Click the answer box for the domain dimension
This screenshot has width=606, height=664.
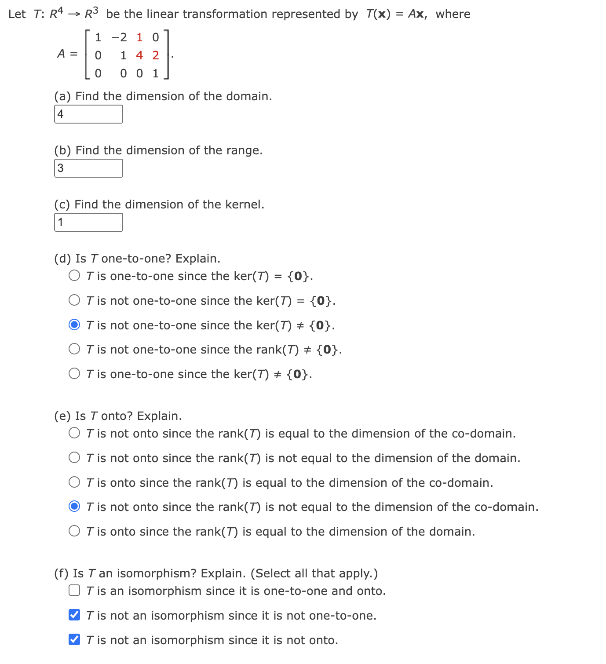tap(88, 114)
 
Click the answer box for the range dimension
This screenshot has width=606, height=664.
tap(88, 168)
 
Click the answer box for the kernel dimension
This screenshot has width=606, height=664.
tap(88, 223)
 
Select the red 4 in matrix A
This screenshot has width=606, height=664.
tap(139, 55)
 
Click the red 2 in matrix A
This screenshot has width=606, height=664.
tap(156, 55)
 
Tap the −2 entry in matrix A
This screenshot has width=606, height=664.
tap(119, 37)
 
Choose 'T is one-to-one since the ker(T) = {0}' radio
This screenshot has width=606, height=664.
tap(75, 276)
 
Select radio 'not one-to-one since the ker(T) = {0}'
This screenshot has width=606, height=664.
tap(75, 300)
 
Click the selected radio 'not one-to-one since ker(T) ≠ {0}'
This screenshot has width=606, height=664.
tap(75, 325)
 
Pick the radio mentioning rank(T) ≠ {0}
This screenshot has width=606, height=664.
tap(75, 349)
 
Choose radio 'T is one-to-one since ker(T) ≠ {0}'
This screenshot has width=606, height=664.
tap(75, 374)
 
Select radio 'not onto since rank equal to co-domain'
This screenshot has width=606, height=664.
tap(75, 433)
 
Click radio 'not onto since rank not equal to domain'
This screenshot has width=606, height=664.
tap(75, 458)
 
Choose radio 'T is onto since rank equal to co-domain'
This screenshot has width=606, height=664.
tap(75, 482)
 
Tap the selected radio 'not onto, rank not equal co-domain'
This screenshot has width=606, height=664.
tap(75, 507)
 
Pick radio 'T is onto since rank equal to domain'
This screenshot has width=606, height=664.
tap(75, 531)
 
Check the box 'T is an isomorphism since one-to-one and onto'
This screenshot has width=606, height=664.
tap(75, 591)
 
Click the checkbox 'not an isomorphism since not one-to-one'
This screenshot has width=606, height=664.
tap(75, 615)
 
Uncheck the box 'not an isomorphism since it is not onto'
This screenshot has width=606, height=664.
tap(75, 640)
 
